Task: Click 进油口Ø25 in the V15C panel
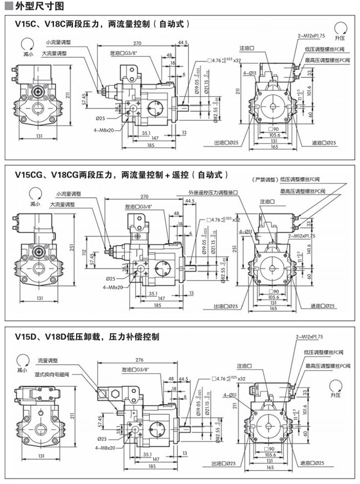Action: [323, 142]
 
